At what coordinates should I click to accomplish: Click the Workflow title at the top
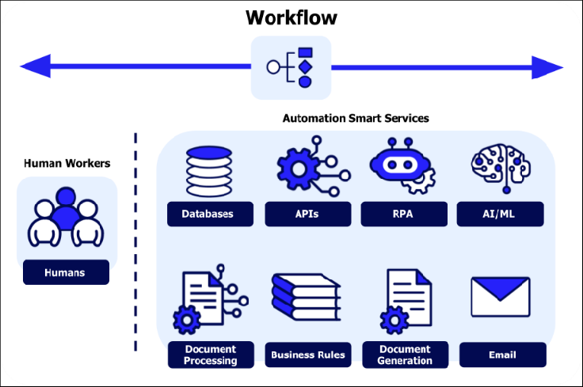click(x=290, y=17)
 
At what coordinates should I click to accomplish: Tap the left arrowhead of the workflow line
click(x=35, y=66)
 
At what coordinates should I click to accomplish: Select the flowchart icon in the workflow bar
click(x=291, y=67)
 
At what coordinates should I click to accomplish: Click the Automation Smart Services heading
click(x=356, y=118)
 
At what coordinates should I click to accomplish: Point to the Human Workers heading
click(x=67, y=164)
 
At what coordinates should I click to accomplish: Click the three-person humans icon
click(x=67, y=218)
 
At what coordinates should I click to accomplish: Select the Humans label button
click(x=66, y=273)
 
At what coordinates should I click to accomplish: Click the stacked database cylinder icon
click(x=208, y=173)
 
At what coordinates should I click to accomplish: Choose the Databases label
click(x=210, y=214)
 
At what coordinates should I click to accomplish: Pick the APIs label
click(x=307, y=214)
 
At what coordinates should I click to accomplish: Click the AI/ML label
click(x=501, y=214)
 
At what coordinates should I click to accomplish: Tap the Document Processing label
click(x=211, y=355)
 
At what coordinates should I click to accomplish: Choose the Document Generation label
click(x=405, y=355)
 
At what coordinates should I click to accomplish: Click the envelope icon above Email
click(x=501, y=298)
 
